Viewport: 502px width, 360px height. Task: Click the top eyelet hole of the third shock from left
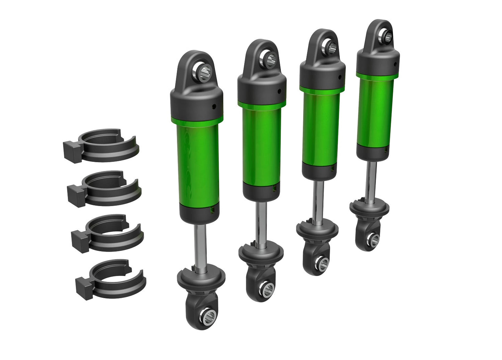tap(328, 44)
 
